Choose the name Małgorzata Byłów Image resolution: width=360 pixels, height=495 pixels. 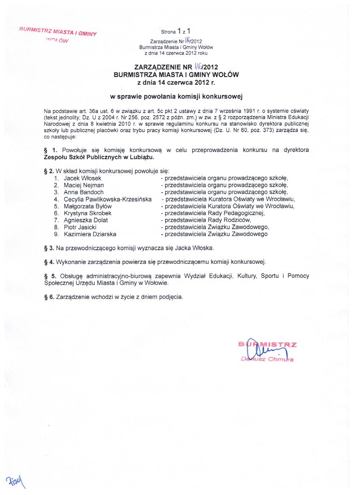85,206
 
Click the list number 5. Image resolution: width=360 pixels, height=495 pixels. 55,206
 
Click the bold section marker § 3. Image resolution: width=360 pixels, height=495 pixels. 49,248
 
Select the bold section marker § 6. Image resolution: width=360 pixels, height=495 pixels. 49,297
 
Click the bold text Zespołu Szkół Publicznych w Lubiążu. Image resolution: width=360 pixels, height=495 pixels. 99,157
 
